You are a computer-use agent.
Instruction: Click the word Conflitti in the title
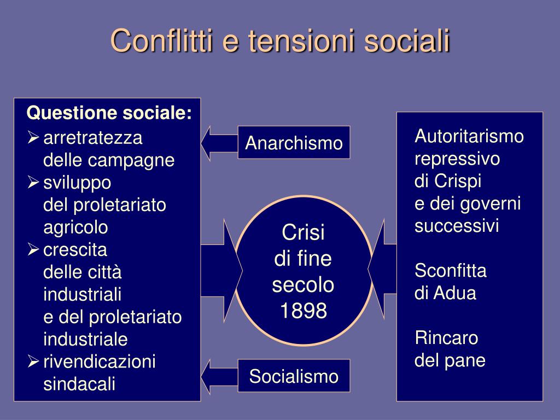tap(161, 40)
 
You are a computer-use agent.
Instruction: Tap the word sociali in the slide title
tap(407, 40)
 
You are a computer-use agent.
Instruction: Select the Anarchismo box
tap(294, 143)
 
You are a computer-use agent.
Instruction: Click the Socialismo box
tap(294, 376)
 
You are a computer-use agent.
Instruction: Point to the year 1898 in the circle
tap(304, 310)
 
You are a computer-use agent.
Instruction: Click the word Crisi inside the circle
tap(303, 232)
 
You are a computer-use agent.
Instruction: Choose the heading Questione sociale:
tap(109, 113)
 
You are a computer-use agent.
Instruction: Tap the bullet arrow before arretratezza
tap(33, 137)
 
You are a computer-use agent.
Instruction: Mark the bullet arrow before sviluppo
tap(33, 182)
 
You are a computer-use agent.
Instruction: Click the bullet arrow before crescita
tap(33, 249)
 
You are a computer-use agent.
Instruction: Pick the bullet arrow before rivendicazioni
tap(33, 361)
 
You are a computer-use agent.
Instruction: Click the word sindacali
tap(79, 384)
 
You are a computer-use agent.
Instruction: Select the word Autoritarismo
tap(469, 136)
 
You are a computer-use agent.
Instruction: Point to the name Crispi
tap(458, 180)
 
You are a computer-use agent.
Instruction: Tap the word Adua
tap(456, 293)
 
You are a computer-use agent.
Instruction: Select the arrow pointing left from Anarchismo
tap(219, 143)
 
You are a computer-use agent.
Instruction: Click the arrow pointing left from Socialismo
tap(219, 376)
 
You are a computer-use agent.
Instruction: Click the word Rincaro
tap(446, 338)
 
